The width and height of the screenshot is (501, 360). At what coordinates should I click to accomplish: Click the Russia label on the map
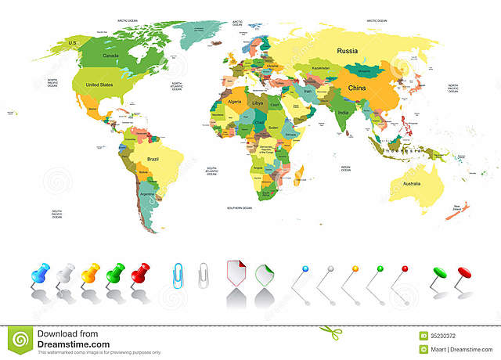click(348, 51)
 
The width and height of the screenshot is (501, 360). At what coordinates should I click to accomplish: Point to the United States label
click(99, 85)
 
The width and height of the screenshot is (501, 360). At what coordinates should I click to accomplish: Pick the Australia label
click(410, 184)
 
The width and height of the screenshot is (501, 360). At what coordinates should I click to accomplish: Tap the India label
click(342, 111)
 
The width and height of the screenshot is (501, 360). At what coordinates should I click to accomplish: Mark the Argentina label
click(146, 193)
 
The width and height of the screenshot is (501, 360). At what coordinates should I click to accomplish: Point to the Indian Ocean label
click(346, 167)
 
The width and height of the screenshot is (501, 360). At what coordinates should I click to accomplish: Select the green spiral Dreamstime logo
click(20, 339)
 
